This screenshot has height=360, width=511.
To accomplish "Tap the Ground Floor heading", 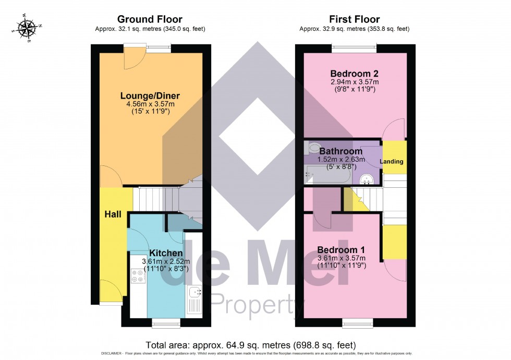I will pos(149,19).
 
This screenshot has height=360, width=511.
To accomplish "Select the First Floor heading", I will pos(354,19).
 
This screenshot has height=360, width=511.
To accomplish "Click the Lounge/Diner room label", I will pos(150,96).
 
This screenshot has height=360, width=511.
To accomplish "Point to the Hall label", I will pos(113,214).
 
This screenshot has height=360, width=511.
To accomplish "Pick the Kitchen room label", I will pos(166,253).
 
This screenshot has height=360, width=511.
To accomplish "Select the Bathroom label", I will pos(341,151).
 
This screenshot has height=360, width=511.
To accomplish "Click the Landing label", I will pos(392,162).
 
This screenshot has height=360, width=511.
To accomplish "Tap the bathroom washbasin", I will pos(368,179).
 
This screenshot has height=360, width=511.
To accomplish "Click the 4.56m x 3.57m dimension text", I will pos(150,104).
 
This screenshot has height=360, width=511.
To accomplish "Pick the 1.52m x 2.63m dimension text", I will pos(341,160).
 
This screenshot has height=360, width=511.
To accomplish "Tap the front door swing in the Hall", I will pos(109,290).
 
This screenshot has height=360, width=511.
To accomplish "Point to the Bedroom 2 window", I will pos(354,49).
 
